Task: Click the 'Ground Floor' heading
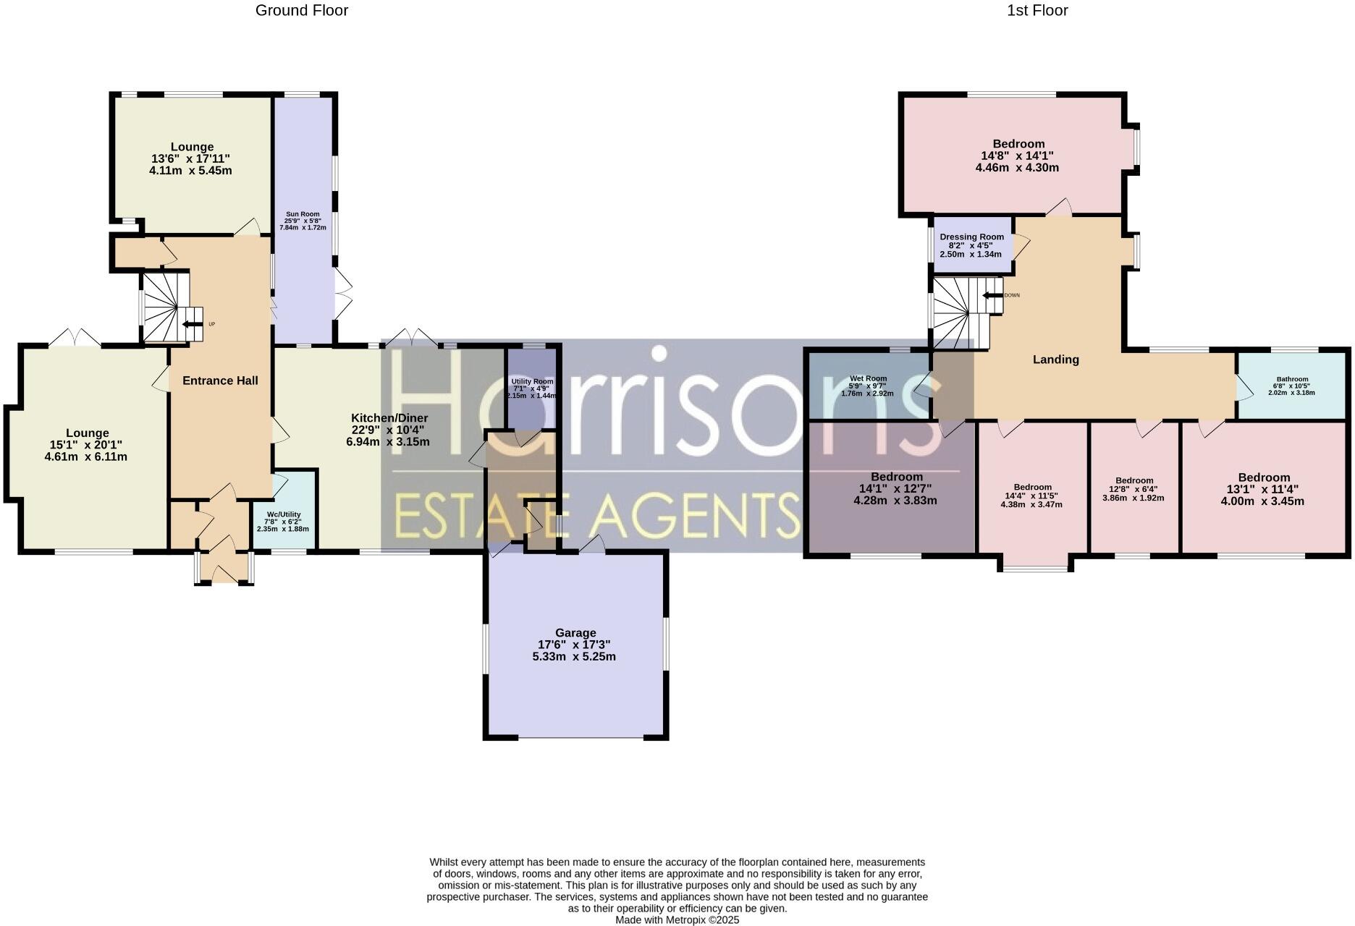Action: pos(301,10)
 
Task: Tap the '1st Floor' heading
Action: pos(1037,10)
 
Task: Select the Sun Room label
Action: pos(303,214)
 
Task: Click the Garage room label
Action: pos(575,632)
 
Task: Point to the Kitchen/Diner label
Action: pos(389,418)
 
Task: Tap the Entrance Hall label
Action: pos(220,381)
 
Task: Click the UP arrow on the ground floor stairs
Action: pos(193,324)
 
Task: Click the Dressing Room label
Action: pos(971,237)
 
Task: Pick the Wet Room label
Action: pos(868,378)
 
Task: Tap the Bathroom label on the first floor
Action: pos(1292,379)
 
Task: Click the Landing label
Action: pos(1055,360)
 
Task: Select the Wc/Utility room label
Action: pos(283,514)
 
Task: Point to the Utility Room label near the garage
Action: pos(532,381)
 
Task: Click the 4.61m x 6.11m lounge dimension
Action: pos(87,456)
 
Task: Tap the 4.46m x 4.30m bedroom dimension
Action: pos(1017,168)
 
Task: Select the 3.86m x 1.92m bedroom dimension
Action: pos(1134,498)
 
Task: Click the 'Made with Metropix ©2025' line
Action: pos(677,920)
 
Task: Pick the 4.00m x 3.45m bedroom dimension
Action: pos(1263,501)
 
